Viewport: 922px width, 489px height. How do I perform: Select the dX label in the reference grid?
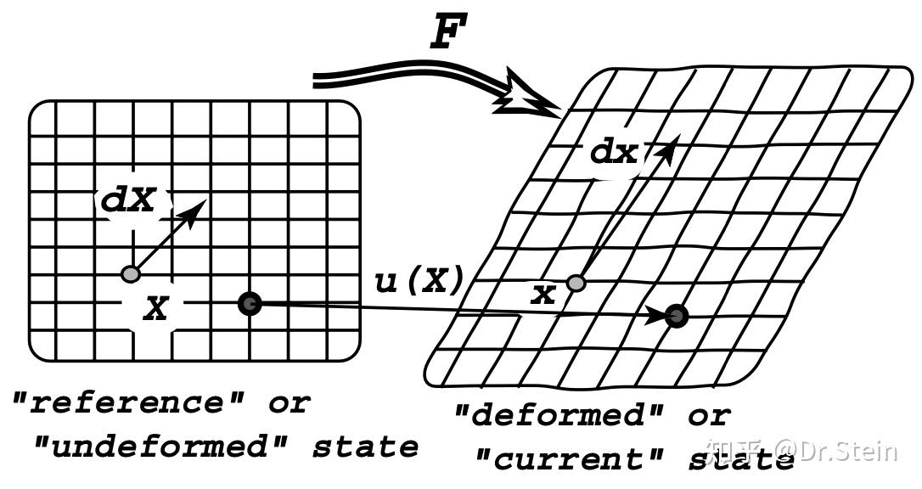pos(129,201)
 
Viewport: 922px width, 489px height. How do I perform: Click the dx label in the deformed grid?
pos(614,153)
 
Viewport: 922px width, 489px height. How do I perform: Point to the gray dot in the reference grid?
pos(130,274)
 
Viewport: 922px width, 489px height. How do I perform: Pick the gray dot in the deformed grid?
pos(576,283)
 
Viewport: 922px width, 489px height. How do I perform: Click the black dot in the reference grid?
pos(249,303)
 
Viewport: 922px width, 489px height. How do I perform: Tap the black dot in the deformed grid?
pos(677,316)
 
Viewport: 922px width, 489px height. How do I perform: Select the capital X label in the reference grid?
pos(155,309)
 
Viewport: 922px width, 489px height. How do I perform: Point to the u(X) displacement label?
pos(419,281)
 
